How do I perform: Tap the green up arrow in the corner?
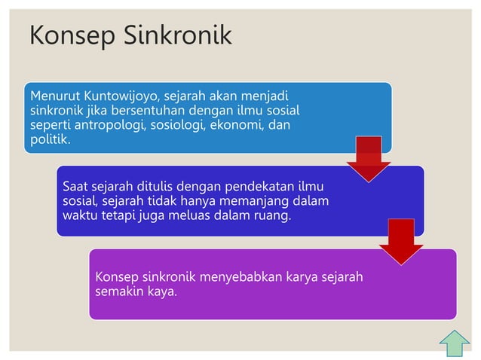pos(454,342)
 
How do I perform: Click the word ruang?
pos(271,215)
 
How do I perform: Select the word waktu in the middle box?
pos(78,215)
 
